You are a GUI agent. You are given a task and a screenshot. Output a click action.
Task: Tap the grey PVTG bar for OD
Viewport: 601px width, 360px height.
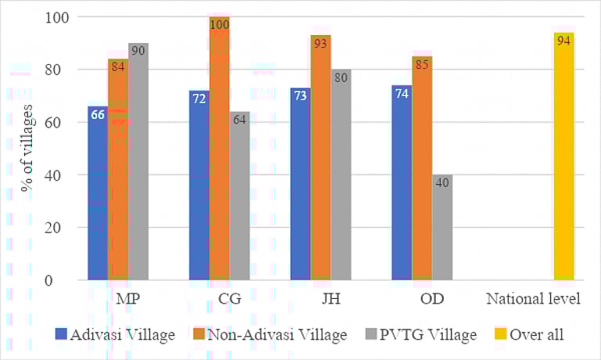pos(441,227)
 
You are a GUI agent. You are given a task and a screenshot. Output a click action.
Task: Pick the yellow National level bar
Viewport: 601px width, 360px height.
pos(563,157)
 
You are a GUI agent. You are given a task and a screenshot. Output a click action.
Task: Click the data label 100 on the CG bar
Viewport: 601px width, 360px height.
pos(220,25)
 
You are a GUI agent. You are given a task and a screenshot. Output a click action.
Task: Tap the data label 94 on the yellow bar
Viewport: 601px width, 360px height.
pos(563,41)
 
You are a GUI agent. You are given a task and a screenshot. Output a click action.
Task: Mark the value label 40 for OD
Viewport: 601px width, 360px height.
pos(441,183)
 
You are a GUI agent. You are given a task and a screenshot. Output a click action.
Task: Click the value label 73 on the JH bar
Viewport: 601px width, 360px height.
pos(300,96)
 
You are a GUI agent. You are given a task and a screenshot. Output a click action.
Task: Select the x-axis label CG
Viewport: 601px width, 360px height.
pos(220,300)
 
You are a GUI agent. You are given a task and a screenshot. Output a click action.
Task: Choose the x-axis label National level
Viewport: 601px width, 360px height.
pos(533,300)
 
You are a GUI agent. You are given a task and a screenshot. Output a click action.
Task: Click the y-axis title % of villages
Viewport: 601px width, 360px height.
pos(27,149)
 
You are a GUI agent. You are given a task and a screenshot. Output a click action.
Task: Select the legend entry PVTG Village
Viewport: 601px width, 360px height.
pos(426,335)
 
